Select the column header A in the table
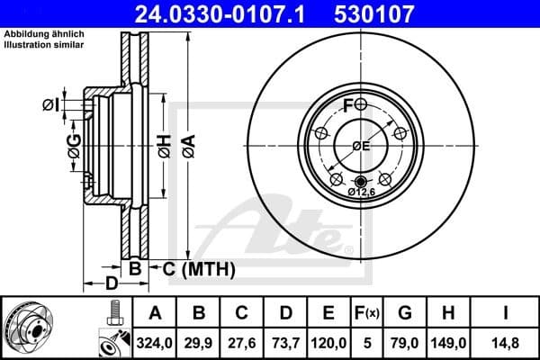pyautogui.click(x=154, y=313)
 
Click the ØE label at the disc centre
pyautogui.click(x=361, y=146)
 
